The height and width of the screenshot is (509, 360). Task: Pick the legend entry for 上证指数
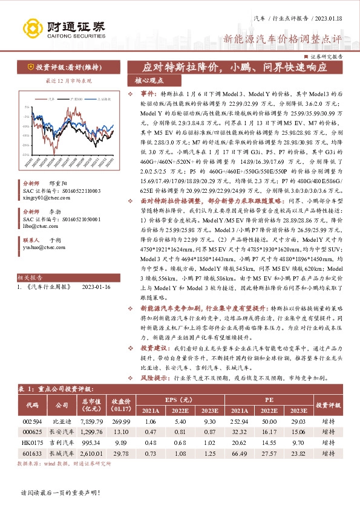(102, 98)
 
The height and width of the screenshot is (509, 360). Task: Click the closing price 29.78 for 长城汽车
(121, 453)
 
